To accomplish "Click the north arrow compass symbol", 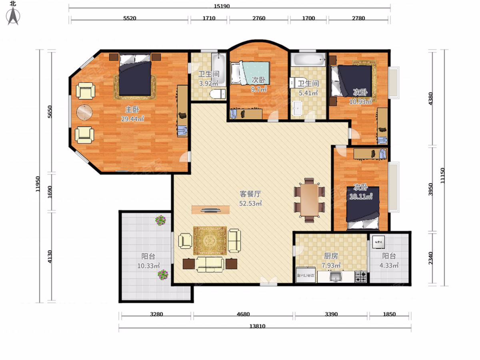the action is click(x=13, y=16).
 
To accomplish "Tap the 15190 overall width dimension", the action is click(x=222, y=6).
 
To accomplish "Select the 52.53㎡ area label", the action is click(x=250, y=204).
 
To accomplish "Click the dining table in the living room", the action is click(x=309, y=200).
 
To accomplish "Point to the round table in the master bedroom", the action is click(x=84, y=112).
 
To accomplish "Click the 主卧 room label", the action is click(x=132, y=110).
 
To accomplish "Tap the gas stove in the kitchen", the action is click(x=361, y=276).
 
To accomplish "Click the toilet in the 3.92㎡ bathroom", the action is click(x=218, y=94).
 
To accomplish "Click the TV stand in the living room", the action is click(x=210, y=210).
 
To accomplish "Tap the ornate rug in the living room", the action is click(x=210, y=241).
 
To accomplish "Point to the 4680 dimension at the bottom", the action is click(x=243, y=314).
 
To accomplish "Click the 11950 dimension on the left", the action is click(x=38, y=184).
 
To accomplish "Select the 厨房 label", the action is click(x=331, y=256).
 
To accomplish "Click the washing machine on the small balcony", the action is click(x=378, y=242).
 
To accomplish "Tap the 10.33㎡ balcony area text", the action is click(x=148, y=266).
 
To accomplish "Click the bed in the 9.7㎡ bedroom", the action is click(x=250, y=74).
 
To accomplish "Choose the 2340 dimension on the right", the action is click(x=430, y=258).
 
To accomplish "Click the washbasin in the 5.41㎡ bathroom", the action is click(x=298, y=108).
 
